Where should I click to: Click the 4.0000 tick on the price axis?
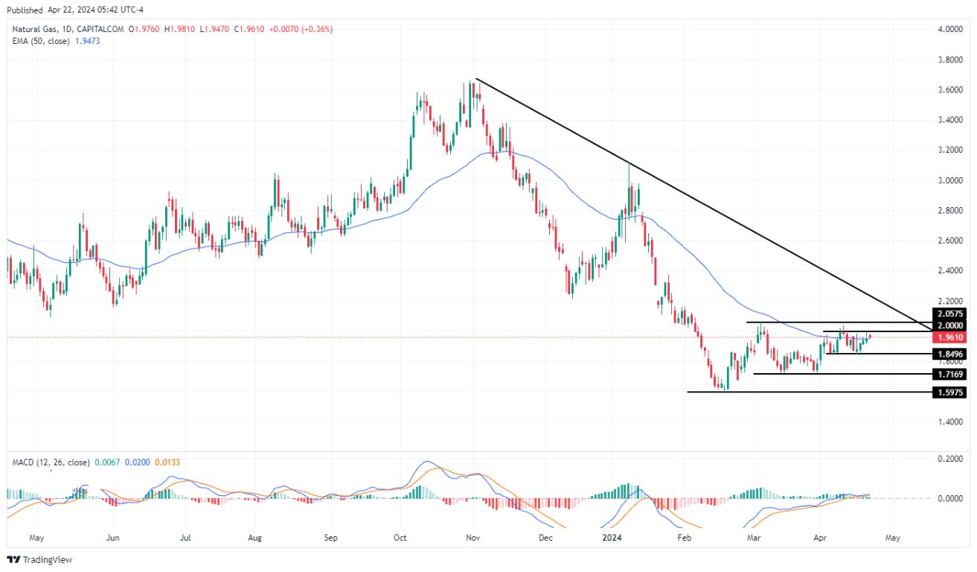[x=949, y=29]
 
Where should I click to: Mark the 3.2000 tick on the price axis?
[x=949, y=150]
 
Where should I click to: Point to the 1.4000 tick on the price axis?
[x=949, y=422]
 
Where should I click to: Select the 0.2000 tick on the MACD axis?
[x=949, y=459]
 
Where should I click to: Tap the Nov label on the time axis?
[x=473, y=536]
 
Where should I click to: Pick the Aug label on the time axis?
[x=254, y=536]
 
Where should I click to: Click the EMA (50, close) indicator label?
[x=41, y=41]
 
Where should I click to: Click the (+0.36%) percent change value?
[x=317, y=29]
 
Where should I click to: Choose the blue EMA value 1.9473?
[x=87, y=41]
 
